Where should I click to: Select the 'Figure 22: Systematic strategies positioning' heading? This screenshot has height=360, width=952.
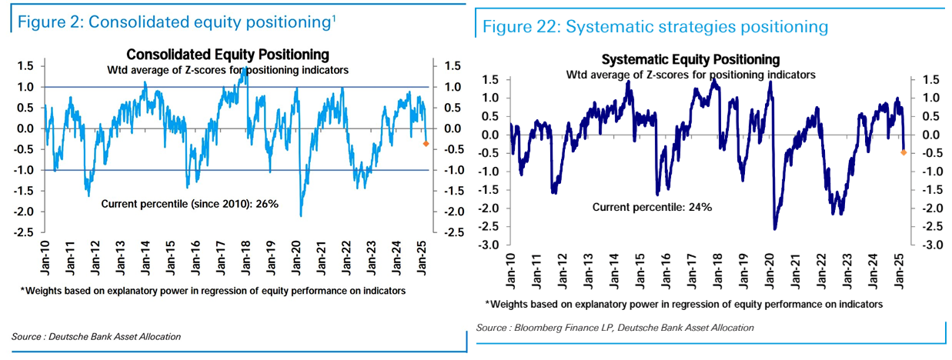click(x=655, y=27)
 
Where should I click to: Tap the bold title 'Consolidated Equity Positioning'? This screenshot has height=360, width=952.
click(x=228, y=55)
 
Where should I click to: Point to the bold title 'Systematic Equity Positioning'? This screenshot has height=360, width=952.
click(x=690, y=59)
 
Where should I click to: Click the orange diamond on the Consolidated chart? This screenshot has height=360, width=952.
click(x=426, y=144)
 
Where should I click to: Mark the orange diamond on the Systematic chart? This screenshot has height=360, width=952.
click(x=903, y=152)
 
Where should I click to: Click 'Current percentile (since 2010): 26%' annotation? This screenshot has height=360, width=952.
click(x=190, y=204)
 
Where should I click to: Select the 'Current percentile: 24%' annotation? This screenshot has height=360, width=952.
click(x=652, y=207)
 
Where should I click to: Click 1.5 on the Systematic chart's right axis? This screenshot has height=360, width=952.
click(x=930, y=80)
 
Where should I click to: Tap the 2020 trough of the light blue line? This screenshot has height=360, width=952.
click(x=301, y=216)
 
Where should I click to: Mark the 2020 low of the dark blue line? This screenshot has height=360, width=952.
click(x=774, y=228)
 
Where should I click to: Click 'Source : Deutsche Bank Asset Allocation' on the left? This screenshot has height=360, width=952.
click(x=96, y=337)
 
